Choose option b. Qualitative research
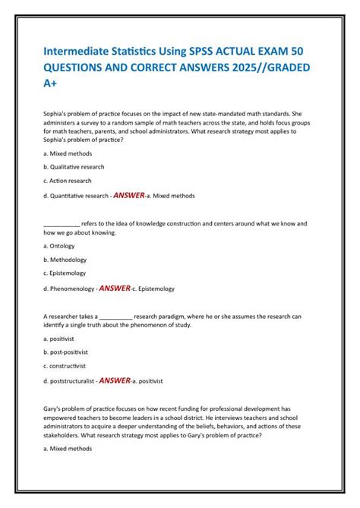pyautogui.click(x=74, y=166)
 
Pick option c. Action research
pyautogui.click(x=68, y=181)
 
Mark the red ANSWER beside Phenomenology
pyautogui.click(x=115, y=289)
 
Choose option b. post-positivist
pyautogui.click(x=65, y=352)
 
